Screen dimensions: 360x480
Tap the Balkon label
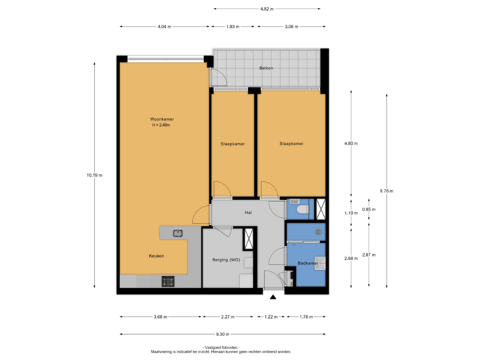pyautogui.click(x=267, y=68)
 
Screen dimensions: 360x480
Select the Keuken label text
pyautogui.click(x=157, y=255)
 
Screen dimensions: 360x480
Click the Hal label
pyautogui.click(x=248, y=213)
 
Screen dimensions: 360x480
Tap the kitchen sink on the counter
pyautogui.click(x=178, y=233)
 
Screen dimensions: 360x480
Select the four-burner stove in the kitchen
pyautogui.click(x=167, y=281)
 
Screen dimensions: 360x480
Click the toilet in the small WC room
pyautogui.click(x=301, y=211)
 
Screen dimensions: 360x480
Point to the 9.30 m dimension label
pyautogui.click(x=223, y=334)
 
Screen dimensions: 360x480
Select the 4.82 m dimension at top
pyautogui.click(x=265, y=9)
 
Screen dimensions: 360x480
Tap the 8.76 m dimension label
pyautogui.click(x=387, y=191)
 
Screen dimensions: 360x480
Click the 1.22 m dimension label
pyautogui.click(x=270, y=317)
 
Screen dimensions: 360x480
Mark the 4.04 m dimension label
pyautogui.click(x=164, y=27)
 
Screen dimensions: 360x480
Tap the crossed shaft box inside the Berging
pyautogui.click(x=249, y=238)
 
